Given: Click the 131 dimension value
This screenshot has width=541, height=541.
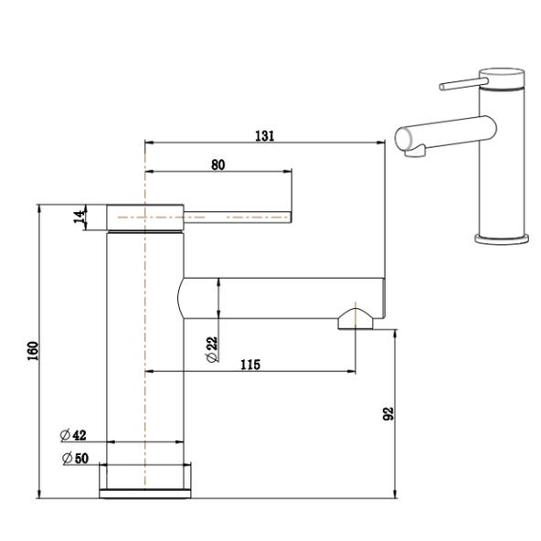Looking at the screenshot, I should click(265, 134).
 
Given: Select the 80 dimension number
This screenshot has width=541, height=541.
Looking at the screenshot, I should click(217, 164).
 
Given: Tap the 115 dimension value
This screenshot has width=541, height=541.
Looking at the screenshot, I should click(251, 365).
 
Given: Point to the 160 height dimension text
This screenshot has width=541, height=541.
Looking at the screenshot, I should click(30, 350).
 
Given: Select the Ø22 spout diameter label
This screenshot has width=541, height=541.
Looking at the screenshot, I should click(211, 346).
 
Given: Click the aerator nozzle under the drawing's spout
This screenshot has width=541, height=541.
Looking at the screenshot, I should click(355, 319).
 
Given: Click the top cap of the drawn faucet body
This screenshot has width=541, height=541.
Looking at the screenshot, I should click(145, 217).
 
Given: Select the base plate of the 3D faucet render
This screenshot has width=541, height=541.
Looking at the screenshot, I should click(501, 239).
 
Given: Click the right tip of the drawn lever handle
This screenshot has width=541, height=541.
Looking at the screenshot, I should click(290, 217).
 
